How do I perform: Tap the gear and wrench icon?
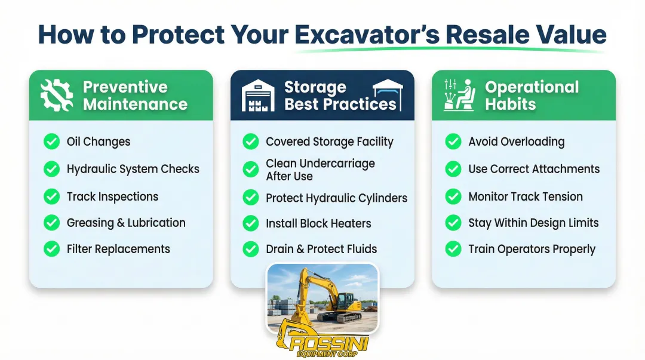tap(57, 96)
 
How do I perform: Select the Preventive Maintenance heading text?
tap(135, 96)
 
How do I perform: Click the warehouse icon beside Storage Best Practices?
tap(258, 96)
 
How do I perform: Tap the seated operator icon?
tap(459, 96)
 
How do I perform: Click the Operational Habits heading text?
tap(532, 96)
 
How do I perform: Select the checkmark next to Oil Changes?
tap(52, 141)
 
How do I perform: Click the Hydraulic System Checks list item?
tap(133, 169)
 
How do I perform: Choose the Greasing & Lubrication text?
tap(126, 223)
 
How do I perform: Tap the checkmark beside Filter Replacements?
tap(52, 249)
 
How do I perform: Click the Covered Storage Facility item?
tap(329, 141)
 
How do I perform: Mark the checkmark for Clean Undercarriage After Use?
tap(251, 170)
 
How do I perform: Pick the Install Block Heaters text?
tap(318, 223)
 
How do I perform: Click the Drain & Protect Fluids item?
tap(321, 249)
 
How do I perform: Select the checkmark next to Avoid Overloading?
tap(453, 141)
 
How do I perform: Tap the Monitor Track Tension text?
tap(525, 196)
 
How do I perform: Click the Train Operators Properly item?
tap(532, 249)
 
